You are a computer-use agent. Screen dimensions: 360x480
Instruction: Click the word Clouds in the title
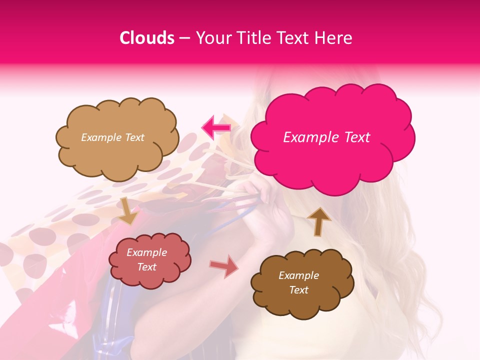click(x=147, y=38)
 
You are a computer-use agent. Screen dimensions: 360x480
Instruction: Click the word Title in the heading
click(x=252, y=38)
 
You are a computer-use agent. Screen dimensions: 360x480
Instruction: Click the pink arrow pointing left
click(x=216, y=128)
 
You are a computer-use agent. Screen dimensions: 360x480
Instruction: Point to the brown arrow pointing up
click(x=319, y=221)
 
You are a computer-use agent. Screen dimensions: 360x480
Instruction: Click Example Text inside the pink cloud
click(x=326, y=137)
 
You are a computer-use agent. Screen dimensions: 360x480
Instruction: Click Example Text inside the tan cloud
click(x=112, y=137)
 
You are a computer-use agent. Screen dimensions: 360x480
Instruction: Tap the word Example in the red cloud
click(x=146, y=252)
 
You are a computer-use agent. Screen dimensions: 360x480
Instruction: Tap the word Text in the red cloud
click(x=146, y=267)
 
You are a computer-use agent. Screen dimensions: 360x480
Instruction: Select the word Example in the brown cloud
click(x=298, y=275)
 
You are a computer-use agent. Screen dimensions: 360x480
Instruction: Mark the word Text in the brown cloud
click(x=298, y=290)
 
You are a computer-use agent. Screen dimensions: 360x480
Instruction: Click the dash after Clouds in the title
click(x=185, y=38)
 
